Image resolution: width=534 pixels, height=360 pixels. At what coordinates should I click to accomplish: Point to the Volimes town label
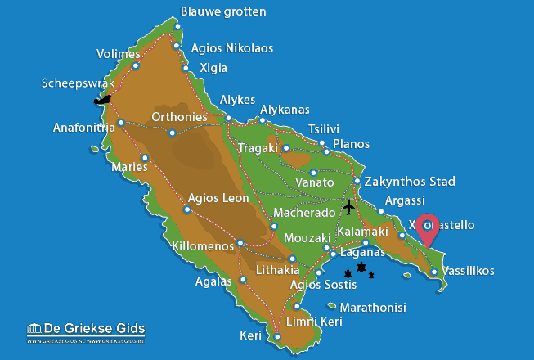tap(118, 55)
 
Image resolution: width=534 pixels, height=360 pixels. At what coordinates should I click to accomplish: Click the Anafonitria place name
tap(83, 128)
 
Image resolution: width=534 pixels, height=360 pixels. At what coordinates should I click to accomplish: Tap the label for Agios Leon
tap(218, 197)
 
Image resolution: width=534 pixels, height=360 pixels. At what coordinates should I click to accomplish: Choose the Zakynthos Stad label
tap(412, 181)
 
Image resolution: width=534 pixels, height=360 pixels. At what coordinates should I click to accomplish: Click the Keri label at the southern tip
tap(251, 335)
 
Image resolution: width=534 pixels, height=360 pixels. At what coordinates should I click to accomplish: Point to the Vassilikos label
tap(468, 271)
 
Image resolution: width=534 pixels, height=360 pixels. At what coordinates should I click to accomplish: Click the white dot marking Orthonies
tap(172, 133)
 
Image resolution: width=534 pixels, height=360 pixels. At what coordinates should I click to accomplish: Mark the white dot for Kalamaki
tap(366, 243)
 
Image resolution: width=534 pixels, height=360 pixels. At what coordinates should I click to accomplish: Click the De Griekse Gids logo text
tap(85, 329)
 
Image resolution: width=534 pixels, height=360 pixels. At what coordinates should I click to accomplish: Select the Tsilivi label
tap(324, 129)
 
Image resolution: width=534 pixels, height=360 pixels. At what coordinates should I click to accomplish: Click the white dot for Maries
tap(145, 158)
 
